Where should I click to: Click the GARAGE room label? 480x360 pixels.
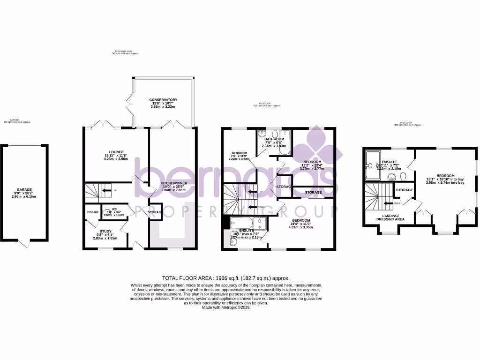pyautogui.click(x=24, y=190)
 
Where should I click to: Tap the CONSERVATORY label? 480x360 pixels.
pyautogui.click(x=163, y=100)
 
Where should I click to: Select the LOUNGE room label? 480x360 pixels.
pyautogui.click(x=116, y=152)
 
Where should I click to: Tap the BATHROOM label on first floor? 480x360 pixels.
pyautogui.click(x=274, y=139)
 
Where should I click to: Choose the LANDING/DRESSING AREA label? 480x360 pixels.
pyautogui.click(x=390, y=219)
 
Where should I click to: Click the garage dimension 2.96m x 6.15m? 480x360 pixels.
pyautogui.click(x=24, y=197)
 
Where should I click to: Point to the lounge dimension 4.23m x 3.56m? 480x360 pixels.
pyautogui.click(x=116, y=159)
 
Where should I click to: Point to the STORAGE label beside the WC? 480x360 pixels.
pyautogui.click(x=92, y=212)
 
